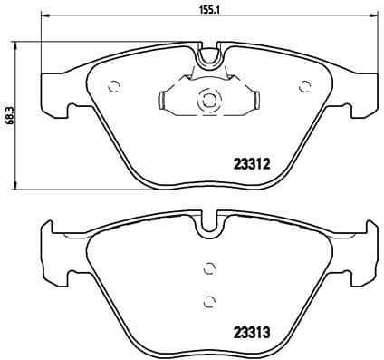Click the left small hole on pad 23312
[114, 88]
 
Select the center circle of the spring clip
[207, 101]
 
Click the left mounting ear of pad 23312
[56, 94]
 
